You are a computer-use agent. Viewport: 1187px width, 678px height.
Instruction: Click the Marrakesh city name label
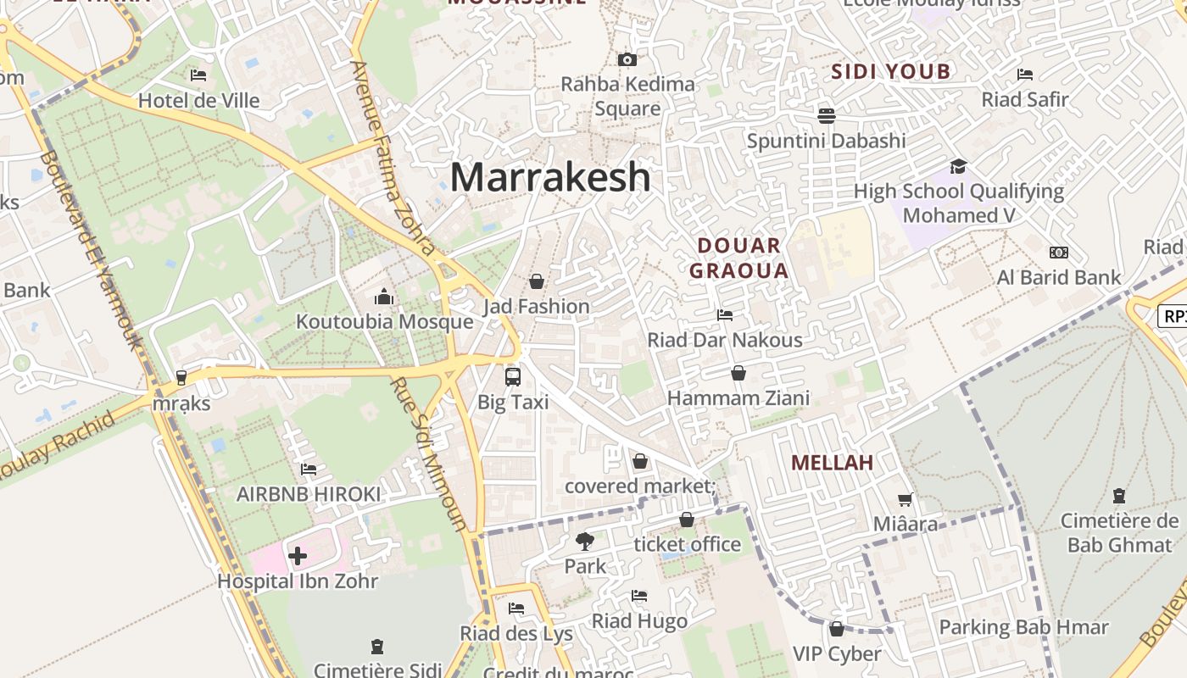550,176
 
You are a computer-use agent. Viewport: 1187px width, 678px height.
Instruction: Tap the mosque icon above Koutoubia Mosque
384,297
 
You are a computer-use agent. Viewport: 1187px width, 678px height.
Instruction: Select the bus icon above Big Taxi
513,376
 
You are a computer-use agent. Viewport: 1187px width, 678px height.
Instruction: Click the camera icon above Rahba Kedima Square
627,59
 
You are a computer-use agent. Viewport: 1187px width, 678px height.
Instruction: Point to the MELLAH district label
832,463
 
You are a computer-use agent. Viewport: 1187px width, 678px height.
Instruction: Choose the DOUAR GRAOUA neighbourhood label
738,258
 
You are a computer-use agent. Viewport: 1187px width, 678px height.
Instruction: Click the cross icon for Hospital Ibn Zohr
298,556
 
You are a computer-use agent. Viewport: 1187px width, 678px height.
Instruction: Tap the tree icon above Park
585,541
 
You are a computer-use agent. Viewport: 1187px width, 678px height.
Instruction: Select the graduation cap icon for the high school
958,166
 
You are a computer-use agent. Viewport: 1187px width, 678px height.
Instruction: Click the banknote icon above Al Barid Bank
1058,253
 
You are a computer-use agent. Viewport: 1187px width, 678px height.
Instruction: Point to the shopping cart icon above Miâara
906,499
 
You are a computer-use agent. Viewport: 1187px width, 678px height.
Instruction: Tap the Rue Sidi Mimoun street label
429,453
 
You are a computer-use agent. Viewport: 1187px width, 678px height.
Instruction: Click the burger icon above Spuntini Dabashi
827,115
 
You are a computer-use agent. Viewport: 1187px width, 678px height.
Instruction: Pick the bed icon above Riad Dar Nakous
725,315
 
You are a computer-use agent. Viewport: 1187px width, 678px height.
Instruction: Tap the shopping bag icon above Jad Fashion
536,281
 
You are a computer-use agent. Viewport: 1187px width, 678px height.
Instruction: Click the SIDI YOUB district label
891,72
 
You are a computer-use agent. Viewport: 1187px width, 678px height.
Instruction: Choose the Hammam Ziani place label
738,397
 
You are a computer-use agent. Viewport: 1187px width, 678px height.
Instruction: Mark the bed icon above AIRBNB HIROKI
309,469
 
